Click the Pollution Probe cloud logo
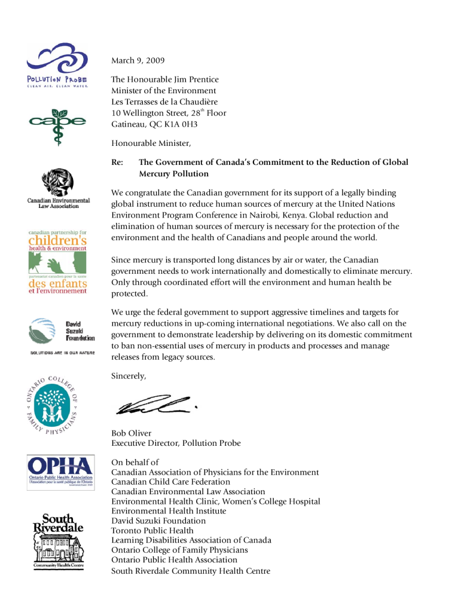[x=57, y=65]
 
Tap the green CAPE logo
[x=57, y=125]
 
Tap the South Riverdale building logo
[x=58, y=541]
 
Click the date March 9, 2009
[x=138, y=60]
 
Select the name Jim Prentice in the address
[x=195, y=79]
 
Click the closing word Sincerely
[x=129, y=377]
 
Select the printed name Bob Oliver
[x=132, y=433]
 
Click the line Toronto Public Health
[x=152, y=530]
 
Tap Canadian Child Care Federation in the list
[x=170, y=482]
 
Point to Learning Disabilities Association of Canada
[x=191, y=540]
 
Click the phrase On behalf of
[x=135, y=462]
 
